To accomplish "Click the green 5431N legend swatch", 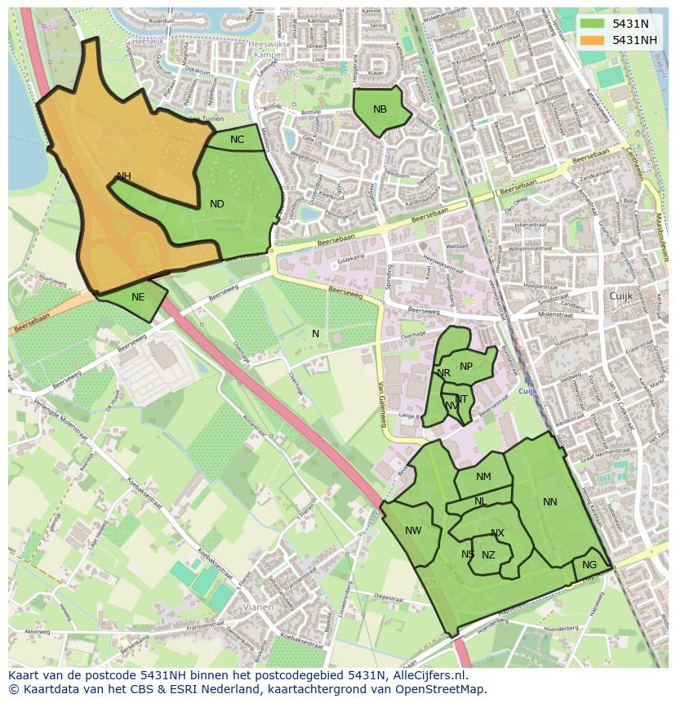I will pyautogui.click(x=593, y=24).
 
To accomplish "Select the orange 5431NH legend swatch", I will pyautogui.click(x=593, y=39).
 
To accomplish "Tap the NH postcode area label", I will pyautogui.click(x=124, y=176).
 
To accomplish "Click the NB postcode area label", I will pyautogui.click(x=380, y=109).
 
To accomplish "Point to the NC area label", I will pyautogui.click(x=237, y=140).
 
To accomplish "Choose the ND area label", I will pyautogui.click(x=217, y=204).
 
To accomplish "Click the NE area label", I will pyautogui.click(x=138, y=297).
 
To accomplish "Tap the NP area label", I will pyautogui.click(x=466, y=367).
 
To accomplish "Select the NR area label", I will pyautogui.click(x=444, y=373).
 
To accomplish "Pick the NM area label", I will pyautogui.click(x=483, y=477).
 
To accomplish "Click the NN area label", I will pyautogui.click(x=550, y=502).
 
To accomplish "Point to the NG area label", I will pyautogui.click(x=589, y=565).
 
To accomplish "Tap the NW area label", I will pyautogui.click(x=413, y=531).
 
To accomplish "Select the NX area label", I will pyautogui.click(x=497, y=534).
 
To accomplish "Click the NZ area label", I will pyautogui.click(x=488, y=555).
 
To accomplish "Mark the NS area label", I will pyautogui.click(x=468, y=554).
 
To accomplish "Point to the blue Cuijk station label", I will pyautogui.click(x=529, y=391).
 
